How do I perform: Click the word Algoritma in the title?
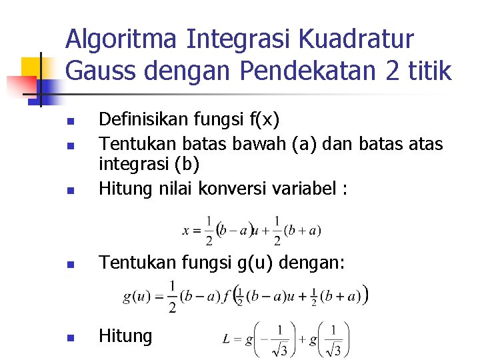coord(121,39)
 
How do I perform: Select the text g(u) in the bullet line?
coord(255,264)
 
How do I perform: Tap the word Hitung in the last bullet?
coord(125,336)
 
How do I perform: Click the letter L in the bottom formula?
coord(227,340)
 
